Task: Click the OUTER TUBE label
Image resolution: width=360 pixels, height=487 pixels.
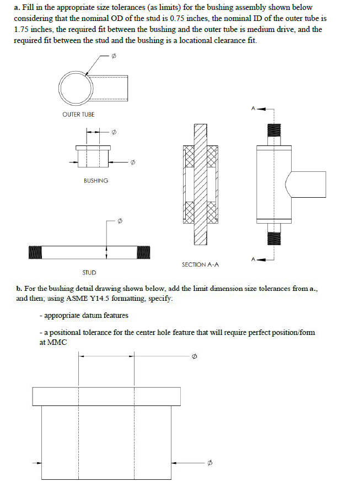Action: (x=78, y=115)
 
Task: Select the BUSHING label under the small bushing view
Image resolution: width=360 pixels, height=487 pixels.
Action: (x=95, y=181)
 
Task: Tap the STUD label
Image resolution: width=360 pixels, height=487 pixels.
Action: (x=89, y=272)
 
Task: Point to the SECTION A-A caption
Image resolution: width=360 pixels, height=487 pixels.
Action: (x=200, y=264)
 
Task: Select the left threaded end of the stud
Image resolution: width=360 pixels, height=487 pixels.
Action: (x=36, y=252)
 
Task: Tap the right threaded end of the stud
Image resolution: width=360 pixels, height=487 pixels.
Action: (x=143, y=252)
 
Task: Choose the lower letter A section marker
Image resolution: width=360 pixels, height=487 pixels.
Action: (x=253, y=258)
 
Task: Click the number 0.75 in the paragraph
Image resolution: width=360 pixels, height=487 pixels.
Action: (x=180, y=18)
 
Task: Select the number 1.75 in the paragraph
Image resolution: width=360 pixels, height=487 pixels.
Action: (x=22, y=29)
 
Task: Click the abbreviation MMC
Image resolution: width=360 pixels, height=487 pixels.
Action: (x=58, y=343)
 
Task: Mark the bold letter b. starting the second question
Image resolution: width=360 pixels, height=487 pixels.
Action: (x=19, y=288)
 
